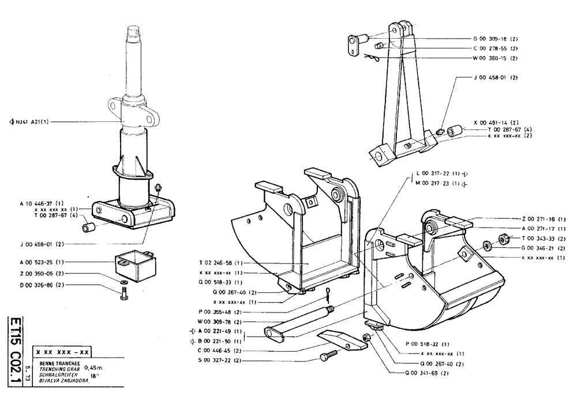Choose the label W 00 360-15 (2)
point(494,58)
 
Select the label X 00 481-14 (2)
point(496,122)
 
